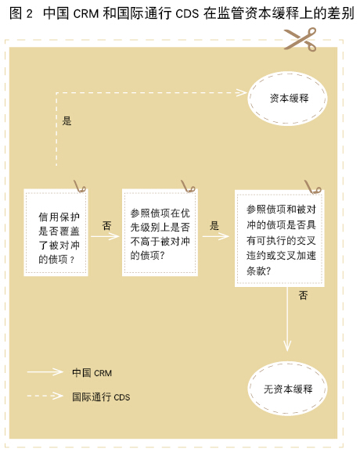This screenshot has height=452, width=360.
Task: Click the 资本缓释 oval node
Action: (x=287, y=99)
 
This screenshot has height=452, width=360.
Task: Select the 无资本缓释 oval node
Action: (x=287, y=389)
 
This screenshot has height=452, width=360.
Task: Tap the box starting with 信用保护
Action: (x=56, y=232)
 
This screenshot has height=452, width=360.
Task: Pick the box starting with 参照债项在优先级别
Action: (x=160, y=232)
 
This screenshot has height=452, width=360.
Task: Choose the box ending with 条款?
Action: (x=279, y=238)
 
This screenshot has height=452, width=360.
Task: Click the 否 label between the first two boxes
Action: (x=106, y=225)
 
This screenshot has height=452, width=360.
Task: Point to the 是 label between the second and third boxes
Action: (x=214, y=225)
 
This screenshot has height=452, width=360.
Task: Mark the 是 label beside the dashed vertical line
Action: (x=67, y=120)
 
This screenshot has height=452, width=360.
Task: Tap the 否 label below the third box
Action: (x=303, y=295)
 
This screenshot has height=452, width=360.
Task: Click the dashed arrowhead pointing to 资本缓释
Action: (x=241, y=93)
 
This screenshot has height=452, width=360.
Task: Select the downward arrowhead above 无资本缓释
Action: (x=287, y=346)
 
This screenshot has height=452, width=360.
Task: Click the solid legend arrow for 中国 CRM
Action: (x=45, y=372)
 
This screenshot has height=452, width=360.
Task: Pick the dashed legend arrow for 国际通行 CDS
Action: (x=45, y=396)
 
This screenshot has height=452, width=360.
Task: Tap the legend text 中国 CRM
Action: (x=92, y=373)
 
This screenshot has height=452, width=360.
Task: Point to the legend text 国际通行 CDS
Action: (x=101, y=397)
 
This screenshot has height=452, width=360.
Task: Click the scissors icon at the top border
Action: (x=301, y=39)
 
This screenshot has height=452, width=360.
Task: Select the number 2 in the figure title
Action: (x=29, y=13)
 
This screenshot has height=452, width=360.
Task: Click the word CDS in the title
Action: (x=187, y=13)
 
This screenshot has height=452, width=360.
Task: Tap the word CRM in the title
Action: (x=86, y=13)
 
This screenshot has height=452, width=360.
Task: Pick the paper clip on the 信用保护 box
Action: (x=80, y=186)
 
